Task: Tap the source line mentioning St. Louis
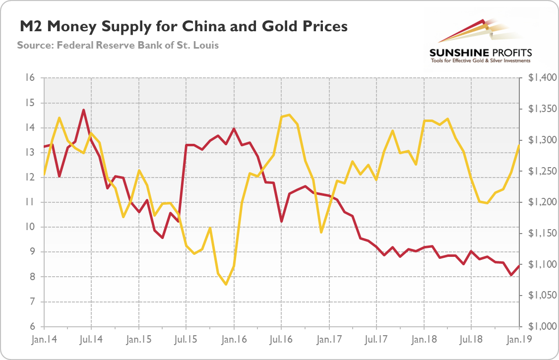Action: (118, 45)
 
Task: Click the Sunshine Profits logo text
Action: (480, 53)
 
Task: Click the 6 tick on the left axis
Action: (30, 327)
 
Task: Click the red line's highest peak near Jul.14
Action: (84, 110)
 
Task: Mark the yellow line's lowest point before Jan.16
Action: (226, 284)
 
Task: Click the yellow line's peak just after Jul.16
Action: (289, 115)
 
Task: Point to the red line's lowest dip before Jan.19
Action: (511, 275)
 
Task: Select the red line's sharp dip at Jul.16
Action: (281, 221)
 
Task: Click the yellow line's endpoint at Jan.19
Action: (519, 146)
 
